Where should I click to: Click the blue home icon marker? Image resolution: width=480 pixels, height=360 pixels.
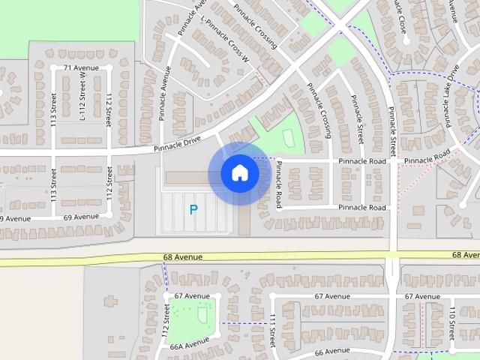[x=240, y=173]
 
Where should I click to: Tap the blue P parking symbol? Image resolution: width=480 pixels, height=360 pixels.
[x=193, y=211]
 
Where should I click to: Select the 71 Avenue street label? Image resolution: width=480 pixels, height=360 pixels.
[x=81, y=68]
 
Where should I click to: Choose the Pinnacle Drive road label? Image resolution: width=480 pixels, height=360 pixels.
[x=178, y=143]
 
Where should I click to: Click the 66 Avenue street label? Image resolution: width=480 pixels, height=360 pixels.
[x=332, y=351]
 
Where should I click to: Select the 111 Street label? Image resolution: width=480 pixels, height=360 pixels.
[x=273, y=330]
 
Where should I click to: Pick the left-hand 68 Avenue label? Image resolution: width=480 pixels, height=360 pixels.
[x=183, y=257]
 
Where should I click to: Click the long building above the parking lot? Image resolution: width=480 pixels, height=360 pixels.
[x=190, y=178]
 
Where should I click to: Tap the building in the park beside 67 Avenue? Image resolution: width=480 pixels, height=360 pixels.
[x=202, y=315]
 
